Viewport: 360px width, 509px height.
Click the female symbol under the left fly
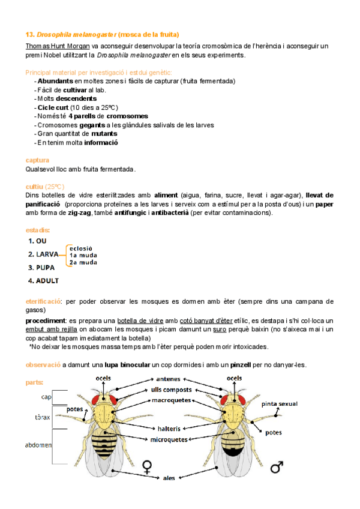pyautogui.click(x=146, y=466)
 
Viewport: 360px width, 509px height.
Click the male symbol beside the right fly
pyautogui.click(x=277, y=466)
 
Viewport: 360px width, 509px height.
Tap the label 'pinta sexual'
pyautogui.click(x=280, y=404)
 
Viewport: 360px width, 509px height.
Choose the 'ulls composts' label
pyautogui.click(x=174, y=390)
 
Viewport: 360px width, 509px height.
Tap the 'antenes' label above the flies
pyautogui.click(x=169, y=379)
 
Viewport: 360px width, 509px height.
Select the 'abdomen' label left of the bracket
pyautogui.click(x=38, y=445)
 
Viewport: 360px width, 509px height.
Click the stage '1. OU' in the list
pyautogui.click(x=37, y=241)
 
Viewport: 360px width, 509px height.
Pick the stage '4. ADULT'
pyautogui.click(x=43, y=280)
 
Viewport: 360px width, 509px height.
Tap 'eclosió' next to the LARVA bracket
pyautogui.click(x=80, y=247)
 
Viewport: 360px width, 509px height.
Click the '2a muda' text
pyautogui.click(x=83, y=262)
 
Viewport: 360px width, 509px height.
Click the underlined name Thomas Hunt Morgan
pyautogui.click(x=58, y=46)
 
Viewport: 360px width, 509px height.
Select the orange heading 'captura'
pyautogui.click(x=37, y=160)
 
